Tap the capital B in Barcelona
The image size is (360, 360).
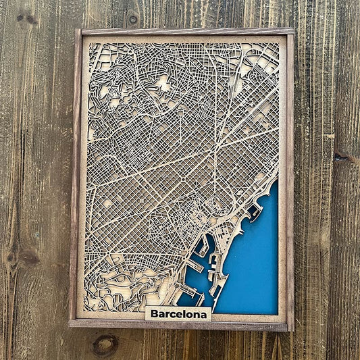coord(155,313)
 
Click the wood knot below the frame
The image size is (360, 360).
coord(105,345)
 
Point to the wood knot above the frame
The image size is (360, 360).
coord(132,18)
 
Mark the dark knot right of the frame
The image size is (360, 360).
coord(342,157)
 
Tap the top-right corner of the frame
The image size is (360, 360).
coord(292,30)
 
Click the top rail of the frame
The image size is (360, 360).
coord(186,32)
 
